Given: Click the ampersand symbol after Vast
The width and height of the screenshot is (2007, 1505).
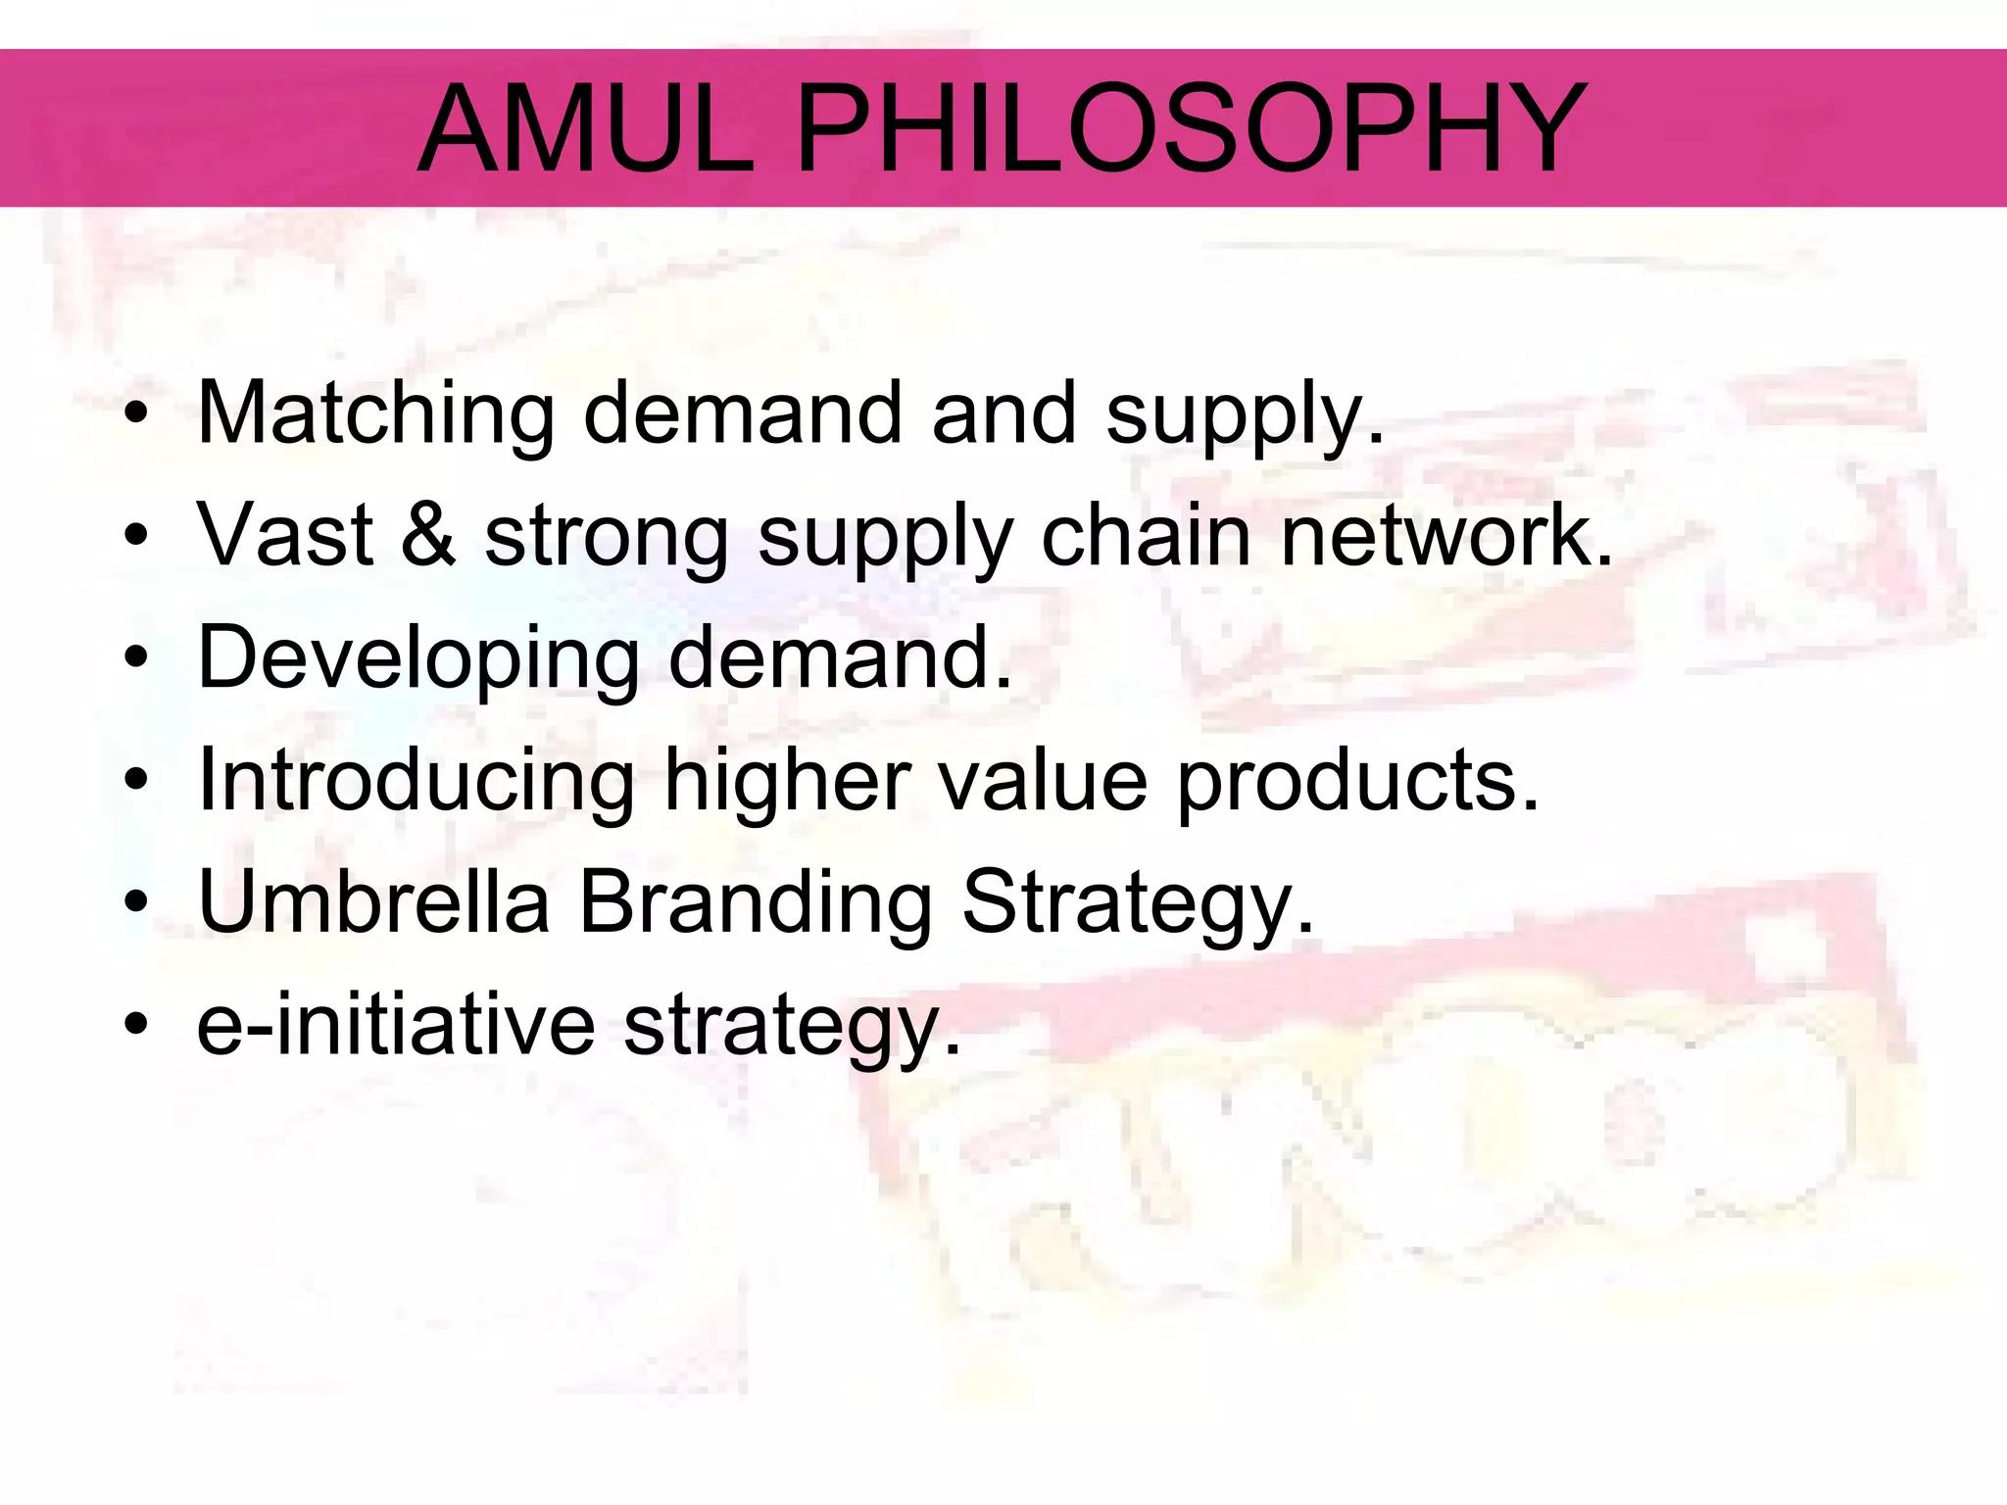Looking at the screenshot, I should point(428,535).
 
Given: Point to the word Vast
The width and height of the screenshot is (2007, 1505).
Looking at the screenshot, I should point(285,535).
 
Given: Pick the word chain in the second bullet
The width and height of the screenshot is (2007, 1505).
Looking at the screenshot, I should point(1145,535).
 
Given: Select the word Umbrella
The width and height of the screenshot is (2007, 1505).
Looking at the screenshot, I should point(373,902).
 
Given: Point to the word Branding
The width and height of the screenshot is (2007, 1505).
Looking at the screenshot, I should point(755,902).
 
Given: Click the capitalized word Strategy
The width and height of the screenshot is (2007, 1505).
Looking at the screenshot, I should point(1137,902).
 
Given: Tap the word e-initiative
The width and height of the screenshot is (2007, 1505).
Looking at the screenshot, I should point(396,1025).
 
